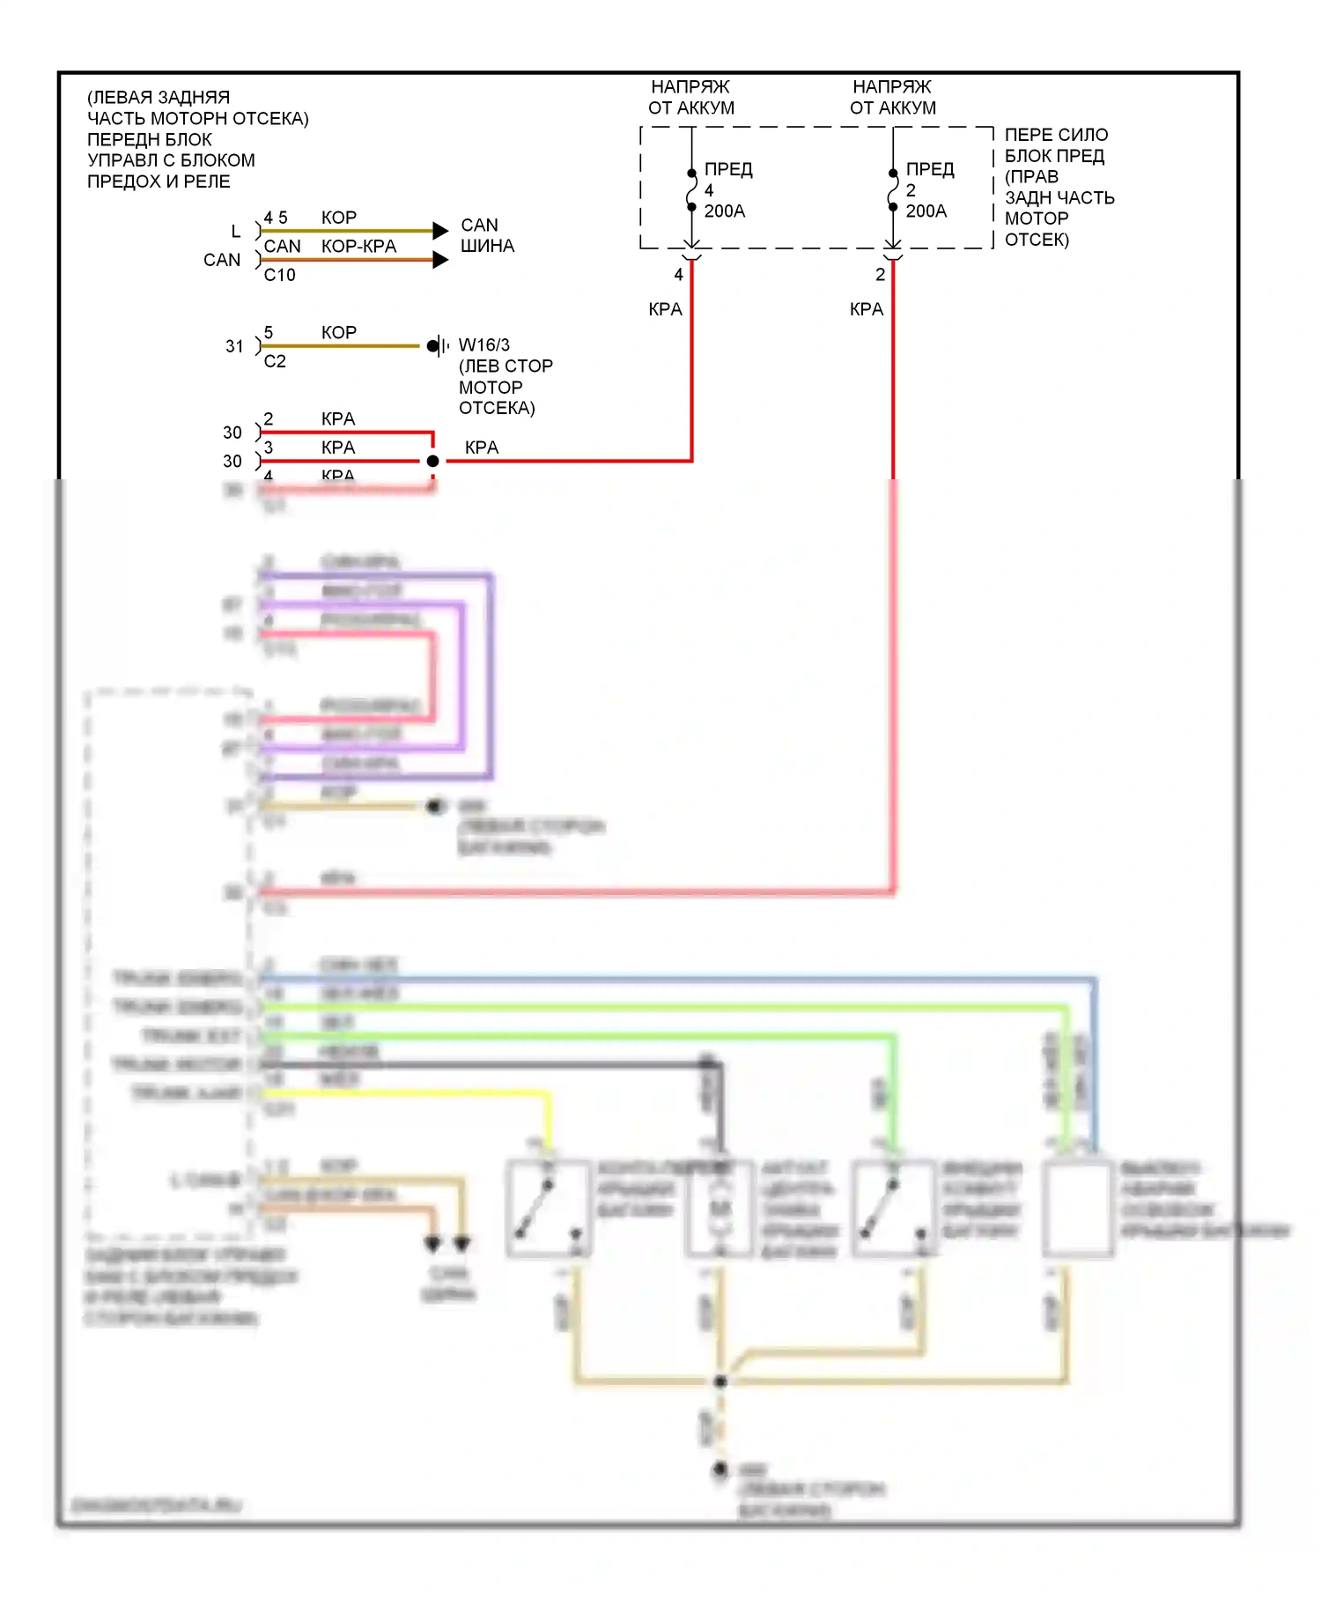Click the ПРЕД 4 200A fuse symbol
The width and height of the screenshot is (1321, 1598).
(x=692, y=189)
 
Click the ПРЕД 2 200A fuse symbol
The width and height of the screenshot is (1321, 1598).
(x=893, y=189)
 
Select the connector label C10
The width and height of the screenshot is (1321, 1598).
(x=279, y=275)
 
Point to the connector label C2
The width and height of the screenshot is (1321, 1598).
(x=275, y=361)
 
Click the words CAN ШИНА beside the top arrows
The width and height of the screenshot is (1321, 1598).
(x=486, y=235)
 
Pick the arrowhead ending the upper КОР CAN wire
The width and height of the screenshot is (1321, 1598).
(x=440, y=231)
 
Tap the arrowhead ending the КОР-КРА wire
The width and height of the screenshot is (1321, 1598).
(x=440, y=260)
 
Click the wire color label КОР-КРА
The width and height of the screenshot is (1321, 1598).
(x=358, y=247)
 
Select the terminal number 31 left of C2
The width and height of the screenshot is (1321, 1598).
(x=234, y=346)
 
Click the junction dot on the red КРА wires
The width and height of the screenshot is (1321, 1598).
(x=432, y=461)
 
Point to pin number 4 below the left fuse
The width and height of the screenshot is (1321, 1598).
(x=678, y=275)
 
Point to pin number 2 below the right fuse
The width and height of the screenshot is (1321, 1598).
(x=880, y=275)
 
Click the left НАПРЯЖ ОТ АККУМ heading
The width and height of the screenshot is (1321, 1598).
(x=691, y=98)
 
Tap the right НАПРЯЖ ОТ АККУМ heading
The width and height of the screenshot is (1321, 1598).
(x=893, y=98)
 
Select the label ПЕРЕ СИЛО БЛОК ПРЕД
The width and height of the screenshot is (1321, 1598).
(x=1057, y=145)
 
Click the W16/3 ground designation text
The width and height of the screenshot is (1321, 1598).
(x=484, y=345)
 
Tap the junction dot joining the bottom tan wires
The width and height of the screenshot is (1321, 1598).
(x=720, y=1380)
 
